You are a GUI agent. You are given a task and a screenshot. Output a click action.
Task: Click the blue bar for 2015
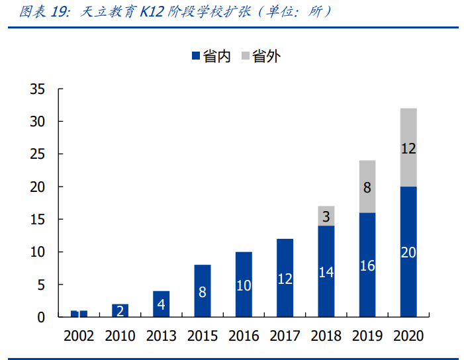coord(203,291)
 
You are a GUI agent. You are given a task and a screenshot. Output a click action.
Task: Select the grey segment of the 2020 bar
coord(408,147)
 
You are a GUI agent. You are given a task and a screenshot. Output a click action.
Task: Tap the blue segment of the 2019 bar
coord(367,265)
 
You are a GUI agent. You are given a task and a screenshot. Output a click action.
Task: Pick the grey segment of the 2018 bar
coord(326,216)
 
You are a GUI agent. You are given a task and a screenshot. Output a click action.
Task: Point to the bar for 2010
coord(120,310)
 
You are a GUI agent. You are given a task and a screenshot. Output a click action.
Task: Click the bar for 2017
coord(285,278)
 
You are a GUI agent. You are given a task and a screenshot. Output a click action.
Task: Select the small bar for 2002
coord(79,314)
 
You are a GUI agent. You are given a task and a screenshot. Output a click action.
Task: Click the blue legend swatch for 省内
coord(195,57)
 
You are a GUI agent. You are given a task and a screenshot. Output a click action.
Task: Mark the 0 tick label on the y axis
coord(41,318)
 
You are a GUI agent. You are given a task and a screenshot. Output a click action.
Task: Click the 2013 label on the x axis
coord(162,336)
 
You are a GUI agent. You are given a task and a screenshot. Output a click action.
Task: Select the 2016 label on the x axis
coord(244,336)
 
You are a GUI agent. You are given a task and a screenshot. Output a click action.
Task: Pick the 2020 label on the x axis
coord(408,336)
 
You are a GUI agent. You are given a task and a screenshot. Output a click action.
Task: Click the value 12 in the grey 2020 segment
coord(408,149)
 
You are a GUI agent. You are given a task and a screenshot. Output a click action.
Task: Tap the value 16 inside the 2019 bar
coord(367,266)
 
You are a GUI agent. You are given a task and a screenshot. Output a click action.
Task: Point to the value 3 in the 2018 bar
coord(326,216)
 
